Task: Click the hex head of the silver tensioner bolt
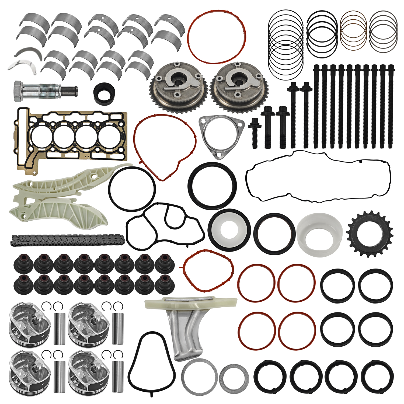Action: (18, 91)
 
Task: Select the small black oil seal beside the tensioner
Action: (105, 94)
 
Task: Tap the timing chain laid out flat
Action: (67, 240)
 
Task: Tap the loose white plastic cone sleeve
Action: (319, 234)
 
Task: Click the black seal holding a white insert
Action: (229, 230)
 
